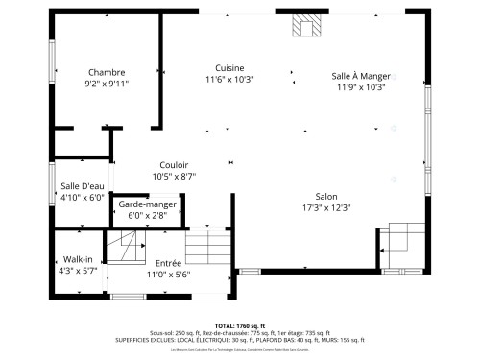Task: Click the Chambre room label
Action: (x=107, y=73)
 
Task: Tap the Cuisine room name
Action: (x=228, y=68)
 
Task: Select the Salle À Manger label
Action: (x=360, y=76)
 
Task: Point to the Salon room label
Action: (x=326, y=196)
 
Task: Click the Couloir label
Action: (x=174, y=165)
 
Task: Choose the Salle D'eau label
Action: (x=82, y=186)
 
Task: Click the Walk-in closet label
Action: (x=78, y=259)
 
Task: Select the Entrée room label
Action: (x=168, y=263)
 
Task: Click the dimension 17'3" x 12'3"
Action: (x=326, y=207)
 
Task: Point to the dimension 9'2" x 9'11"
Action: (x=107, y=84)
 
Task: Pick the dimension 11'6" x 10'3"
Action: (x=228, y=80)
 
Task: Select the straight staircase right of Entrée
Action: (x=208, y=250)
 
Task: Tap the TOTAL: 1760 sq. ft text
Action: (x=240, y=326)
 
